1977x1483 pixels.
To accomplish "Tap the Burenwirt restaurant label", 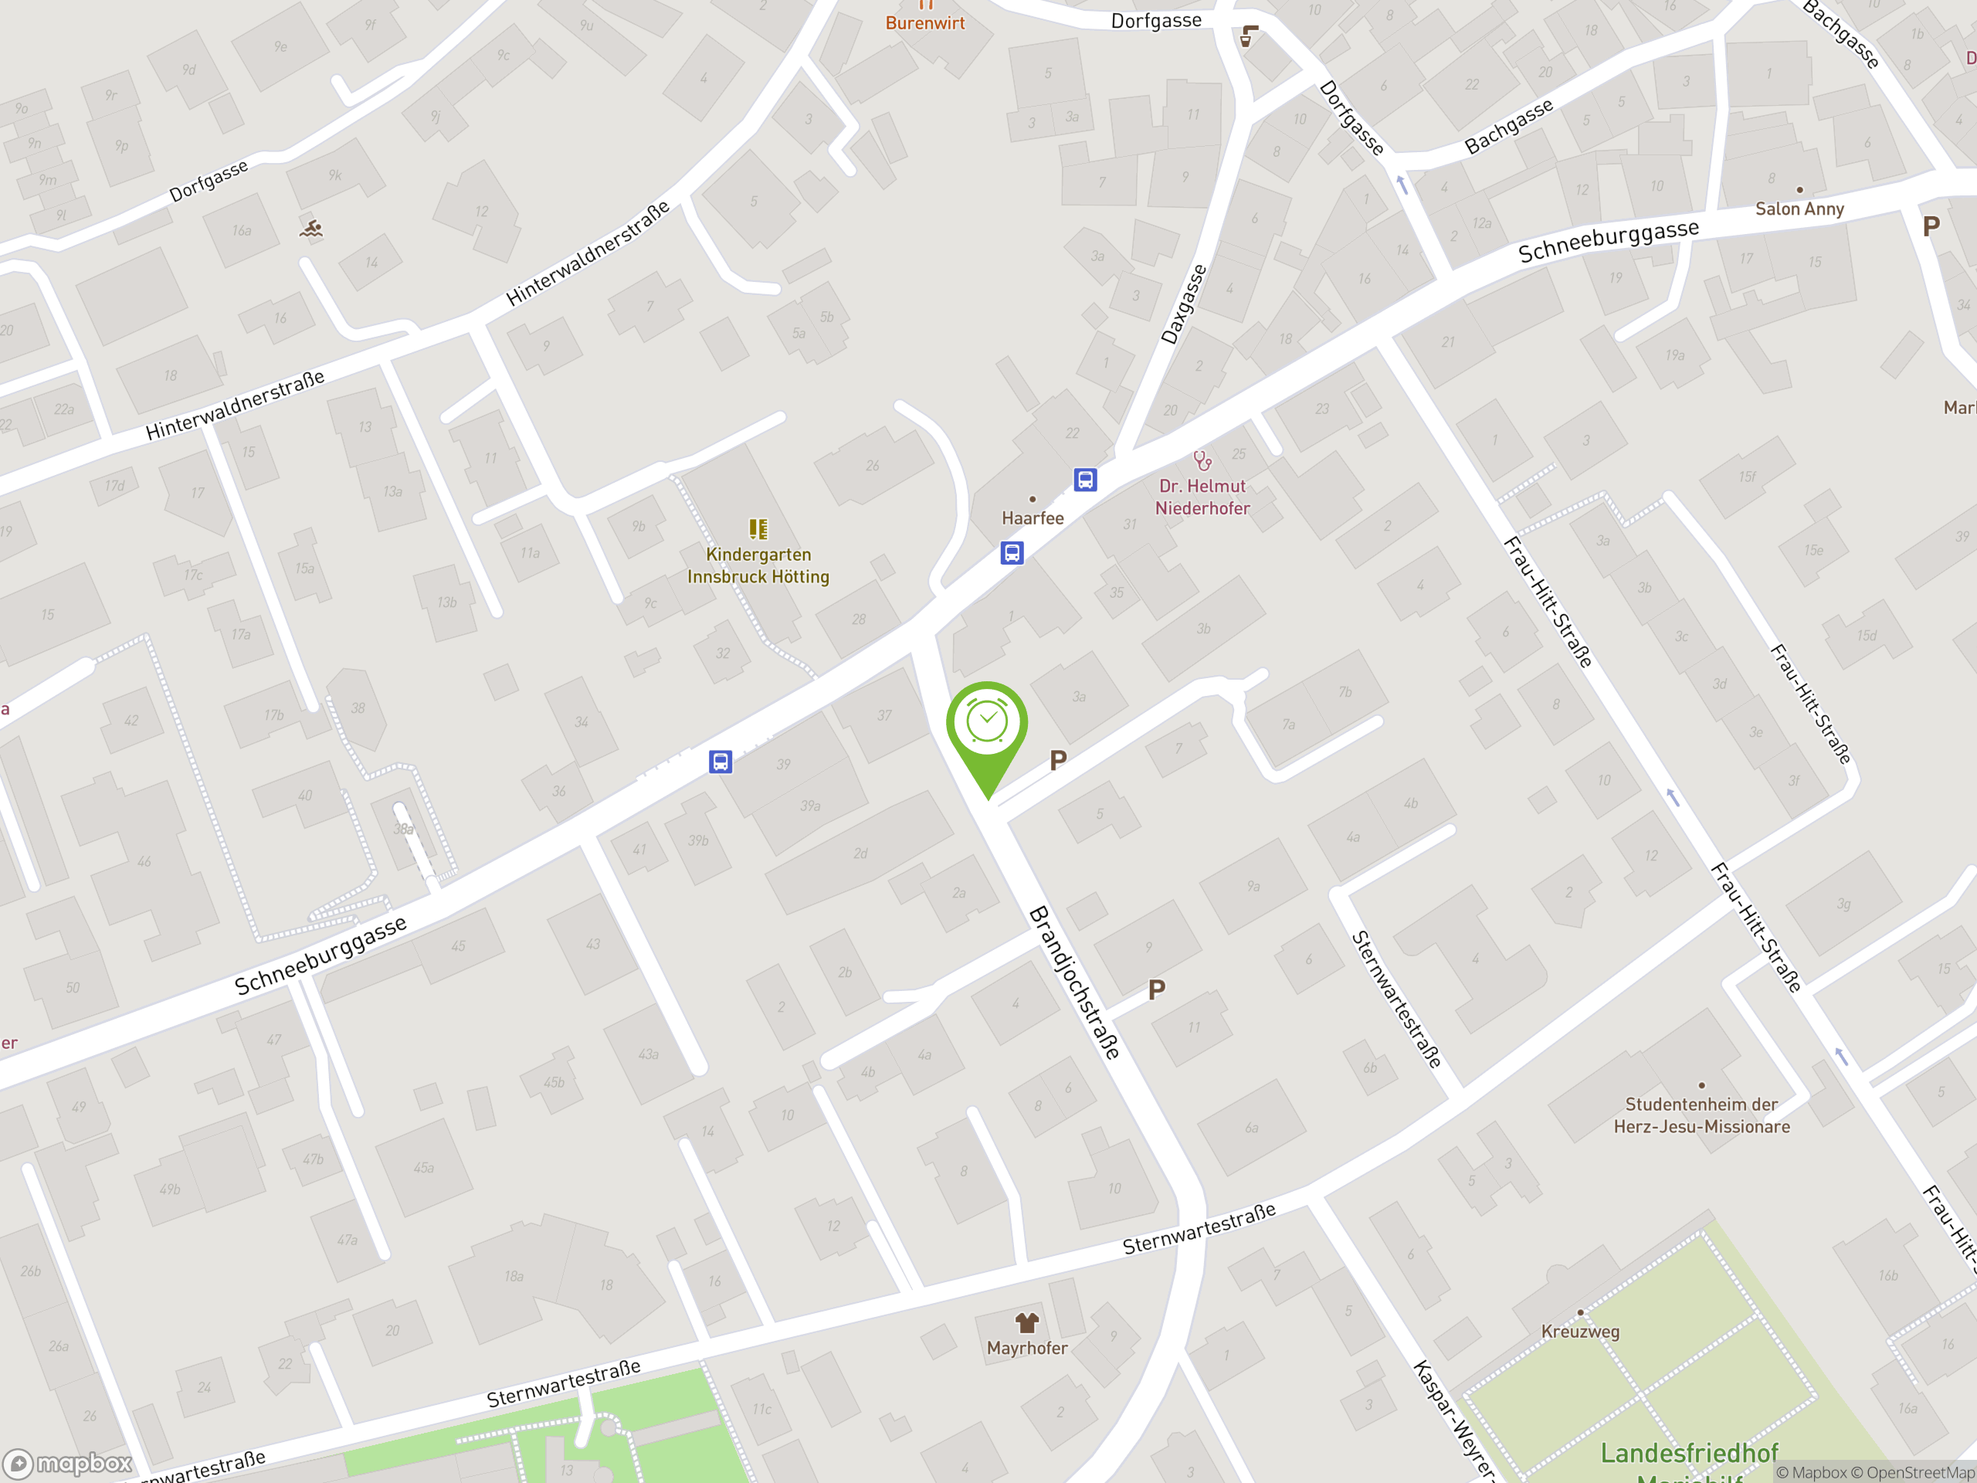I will [x=925, y=22].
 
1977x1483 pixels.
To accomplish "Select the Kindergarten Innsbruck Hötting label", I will [x=758, y=565].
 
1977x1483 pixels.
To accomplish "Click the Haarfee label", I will [x=1033, y=518].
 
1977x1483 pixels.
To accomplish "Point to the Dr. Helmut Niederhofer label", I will [x=1202, y=497].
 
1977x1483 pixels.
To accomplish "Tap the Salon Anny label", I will [x=1799, y=209].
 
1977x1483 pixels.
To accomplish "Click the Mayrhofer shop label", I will [x=1027, y=1347].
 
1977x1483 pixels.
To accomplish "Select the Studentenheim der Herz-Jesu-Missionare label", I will [x=1701, y=1115].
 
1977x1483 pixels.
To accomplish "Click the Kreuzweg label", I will [x=1579, y=1331].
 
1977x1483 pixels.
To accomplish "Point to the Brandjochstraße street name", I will [x=1074, y=982].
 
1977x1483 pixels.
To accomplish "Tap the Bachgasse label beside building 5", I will [x=1509, y=126].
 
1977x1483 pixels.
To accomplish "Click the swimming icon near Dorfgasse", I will [x=311, y=229].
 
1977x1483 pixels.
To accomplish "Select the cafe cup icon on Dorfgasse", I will [x=1249, y=36].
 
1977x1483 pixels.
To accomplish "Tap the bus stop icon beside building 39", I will [x=721, y=762].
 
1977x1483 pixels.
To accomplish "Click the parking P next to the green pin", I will [x=1058, y=761].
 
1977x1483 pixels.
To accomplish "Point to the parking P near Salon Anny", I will [x=1931, y=226].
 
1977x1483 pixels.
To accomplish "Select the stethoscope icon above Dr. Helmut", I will [x=1202, y=460].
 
